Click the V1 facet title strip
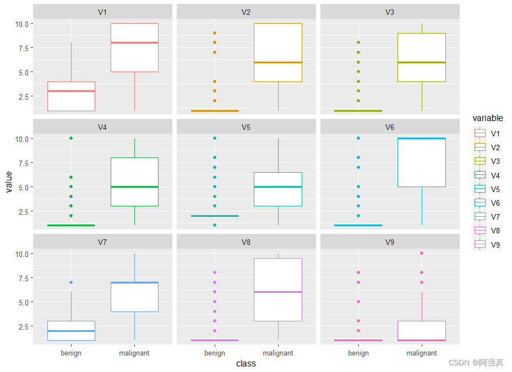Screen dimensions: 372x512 (x=102, y=12)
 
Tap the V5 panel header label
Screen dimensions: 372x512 (x=246, y=127)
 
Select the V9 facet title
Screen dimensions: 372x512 (x=390, y=242)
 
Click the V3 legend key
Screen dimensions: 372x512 (x=480, y=161)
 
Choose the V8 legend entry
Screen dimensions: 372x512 (x=480, y=231)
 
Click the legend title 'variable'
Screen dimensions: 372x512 (x=488, y=118)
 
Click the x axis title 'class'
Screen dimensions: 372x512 (x=246, y=363)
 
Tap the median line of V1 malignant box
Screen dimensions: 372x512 (x=135, y=43)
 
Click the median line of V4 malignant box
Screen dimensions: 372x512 (x=135, y=187)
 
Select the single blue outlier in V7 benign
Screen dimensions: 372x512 (x=71, y=282)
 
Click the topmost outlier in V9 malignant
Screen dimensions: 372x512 (x=422, y=253)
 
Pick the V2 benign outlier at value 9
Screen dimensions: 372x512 (x=215, y=33)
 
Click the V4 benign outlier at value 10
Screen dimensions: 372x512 (x=71, y=138)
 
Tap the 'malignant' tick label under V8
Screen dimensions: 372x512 (x=278, y=353)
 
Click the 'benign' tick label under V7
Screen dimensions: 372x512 (x=71, y=353)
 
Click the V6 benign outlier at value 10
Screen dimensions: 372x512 (x=358, y=138)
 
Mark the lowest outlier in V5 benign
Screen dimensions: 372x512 (x=215, y=225)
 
